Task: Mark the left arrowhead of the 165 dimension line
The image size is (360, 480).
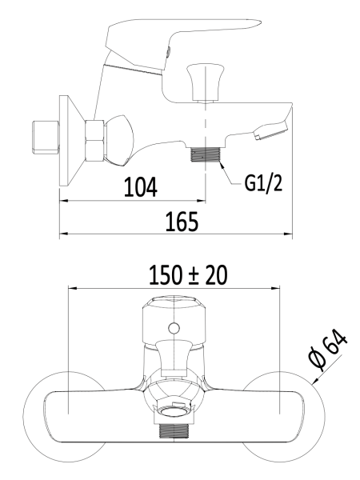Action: coord(64,234)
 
